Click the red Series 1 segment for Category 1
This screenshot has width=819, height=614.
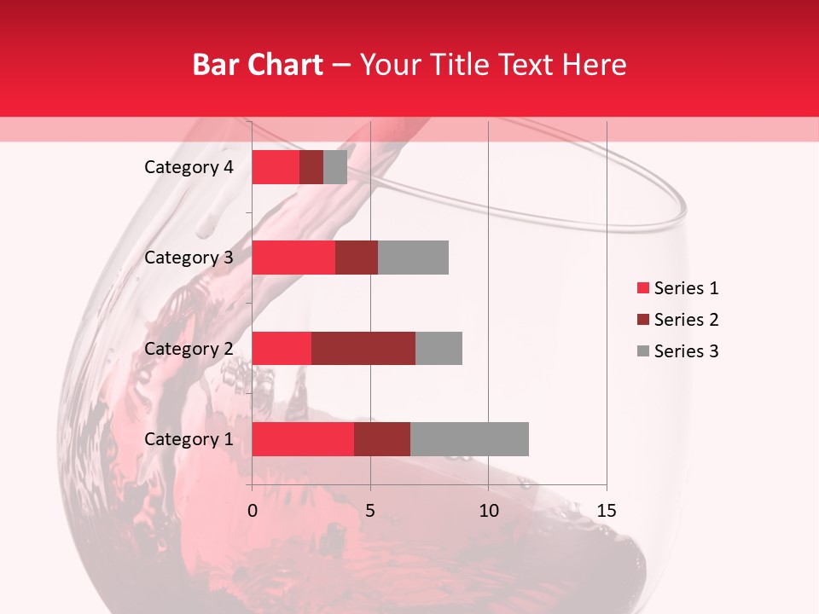click(303, 439)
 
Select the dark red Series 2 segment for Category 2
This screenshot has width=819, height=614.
click(363, 348)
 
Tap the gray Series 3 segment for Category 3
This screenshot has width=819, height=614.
click(413, 258)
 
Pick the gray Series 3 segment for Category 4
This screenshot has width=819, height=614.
click(335, 167)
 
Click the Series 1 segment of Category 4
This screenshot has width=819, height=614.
click(276, 167)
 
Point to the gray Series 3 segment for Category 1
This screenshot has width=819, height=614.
click(469, 439)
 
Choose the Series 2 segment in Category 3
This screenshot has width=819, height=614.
click(357, 258)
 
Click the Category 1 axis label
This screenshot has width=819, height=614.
click(189, 439)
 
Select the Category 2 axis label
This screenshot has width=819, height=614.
click(189, 348)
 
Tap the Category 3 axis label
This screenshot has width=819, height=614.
click(189, 258)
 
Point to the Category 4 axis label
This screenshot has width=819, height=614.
click(189, 167)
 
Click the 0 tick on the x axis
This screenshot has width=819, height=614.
click(253, 511)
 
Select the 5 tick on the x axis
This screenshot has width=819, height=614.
click(370, 511)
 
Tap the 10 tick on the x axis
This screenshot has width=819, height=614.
click(488, 511)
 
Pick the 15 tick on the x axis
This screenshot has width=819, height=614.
click(607, 511)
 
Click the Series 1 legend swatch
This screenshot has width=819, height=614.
click(642, 288)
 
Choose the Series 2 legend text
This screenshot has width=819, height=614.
click(686, 320)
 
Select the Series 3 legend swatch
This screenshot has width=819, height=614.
click(642, 351)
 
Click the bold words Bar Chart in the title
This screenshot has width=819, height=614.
click(258, 65)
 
